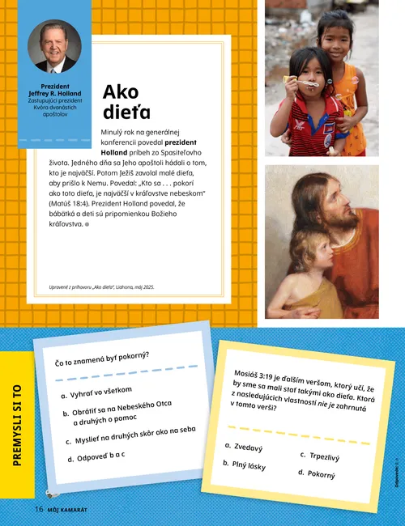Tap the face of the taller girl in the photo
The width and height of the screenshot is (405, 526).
coord(335,36)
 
